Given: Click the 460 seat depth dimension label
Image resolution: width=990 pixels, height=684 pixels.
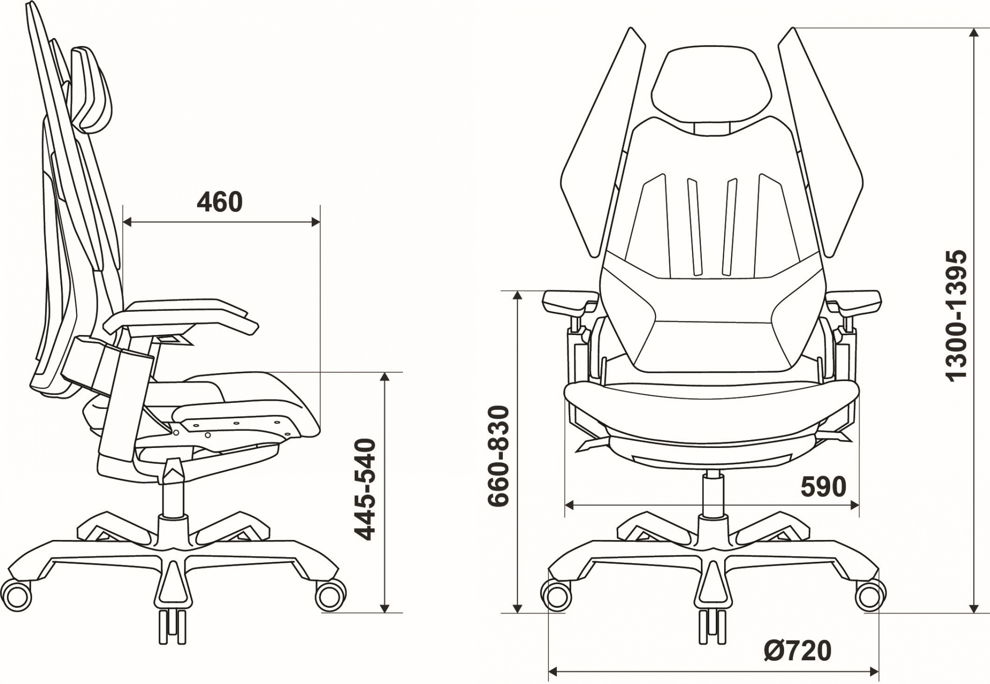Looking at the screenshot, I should click(x=220, y=202).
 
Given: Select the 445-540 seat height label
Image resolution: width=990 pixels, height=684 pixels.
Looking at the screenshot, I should click(x=366, y=489).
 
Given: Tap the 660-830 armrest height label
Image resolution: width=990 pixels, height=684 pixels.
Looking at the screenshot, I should click(x=498, y=456).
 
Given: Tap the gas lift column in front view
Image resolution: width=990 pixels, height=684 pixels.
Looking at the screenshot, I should click(x=713, y=495).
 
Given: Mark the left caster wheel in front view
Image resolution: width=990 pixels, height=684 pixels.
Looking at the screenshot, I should click(x=556, y=595).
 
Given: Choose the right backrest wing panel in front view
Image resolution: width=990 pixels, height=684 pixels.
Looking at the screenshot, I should click(x=822, y=148).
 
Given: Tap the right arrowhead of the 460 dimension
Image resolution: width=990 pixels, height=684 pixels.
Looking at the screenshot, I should click(x=316, y=222).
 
